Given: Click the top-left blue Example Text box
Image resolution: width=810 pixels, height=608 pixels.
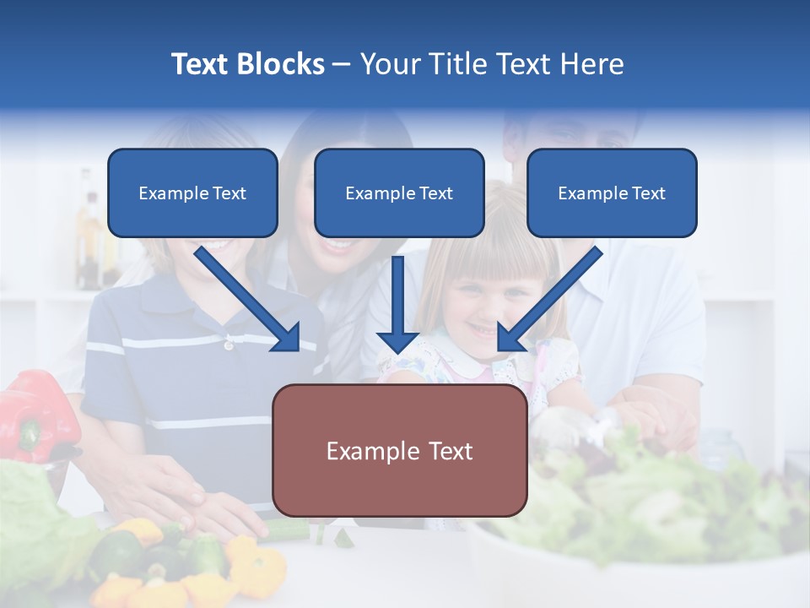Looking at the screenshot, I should coord(192,193).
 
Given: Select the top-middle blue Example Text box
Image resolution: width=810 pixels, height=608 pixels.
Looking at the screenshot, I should coord(399,193).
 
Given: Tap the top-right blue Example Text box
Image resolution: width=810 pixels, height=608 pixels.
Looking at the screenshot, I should coord(612,193).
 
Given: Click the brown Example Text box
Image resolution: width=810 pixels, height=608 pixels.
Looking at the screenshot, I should coord(399,450).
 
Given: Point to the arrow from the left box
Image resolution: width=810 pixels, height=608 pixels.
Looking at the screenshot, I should coord(249,300).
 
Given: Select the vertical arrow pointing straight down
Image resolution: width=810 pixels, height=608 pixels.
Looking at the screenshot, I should coord(397,304).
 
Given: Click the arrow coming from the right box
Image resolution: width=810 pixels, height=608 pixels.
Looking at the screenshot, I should coord(548,300).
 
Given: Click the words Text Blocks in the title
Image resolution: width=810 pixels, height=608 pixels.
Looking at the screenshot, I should coord(247,64).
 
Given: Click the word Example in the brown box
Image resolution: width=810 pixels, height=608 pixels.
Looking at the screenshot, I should coord(363,451).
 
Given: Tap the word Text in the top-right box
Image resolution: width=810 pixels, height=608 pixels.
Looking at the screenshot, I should coord(648,193).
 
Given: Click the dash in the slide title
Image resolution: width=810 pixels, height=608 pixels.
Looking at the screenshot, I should coord(342,64).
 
